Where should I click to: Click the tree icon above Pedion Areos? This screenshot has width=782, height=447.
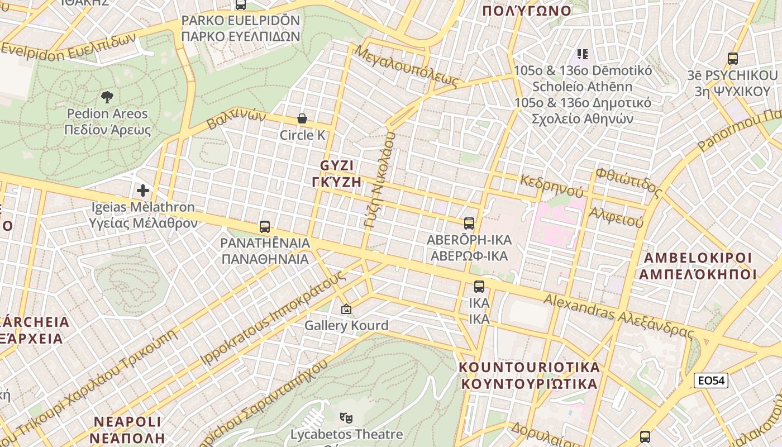coord(107,97)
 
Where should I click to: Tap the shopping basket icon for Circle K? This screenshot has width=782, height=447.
coord(302,118)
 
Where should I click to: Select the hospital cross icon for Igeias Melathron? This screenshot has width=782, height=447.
coord(143,191)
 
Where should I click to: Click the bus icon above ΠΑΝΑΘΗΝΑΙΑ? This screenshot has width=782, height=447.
coord(265,227)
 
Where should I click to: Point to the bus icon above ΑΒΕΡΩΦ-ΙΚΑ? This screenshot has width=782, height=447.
coord(469,223)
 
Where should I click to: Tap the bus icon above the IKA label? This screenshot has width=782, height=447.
coord(479,287)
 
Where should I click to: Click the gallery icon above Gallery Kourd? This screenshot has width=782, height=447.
coord(346,309)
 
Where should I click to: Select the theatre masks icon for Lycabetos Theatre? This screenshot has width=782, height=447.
coord(346,417)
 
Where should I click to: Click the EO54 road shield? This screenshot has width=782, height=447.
coord(711,381)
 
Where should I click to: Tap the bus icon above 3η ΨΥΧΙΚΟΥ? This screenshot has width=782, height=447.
coord(733,58)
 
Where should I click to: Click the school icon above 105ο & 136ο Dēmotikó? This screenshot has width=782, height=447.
coord(583,54)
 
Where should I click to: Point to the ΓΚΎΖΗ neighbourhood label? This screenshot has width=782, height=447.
coord(337,181)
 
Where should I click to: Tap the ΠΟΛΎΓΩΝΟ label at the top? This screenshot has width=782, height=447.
coord(527,11)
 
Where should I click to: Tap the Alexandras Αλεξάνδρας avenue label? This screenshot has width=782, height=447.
coord(619,317)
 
